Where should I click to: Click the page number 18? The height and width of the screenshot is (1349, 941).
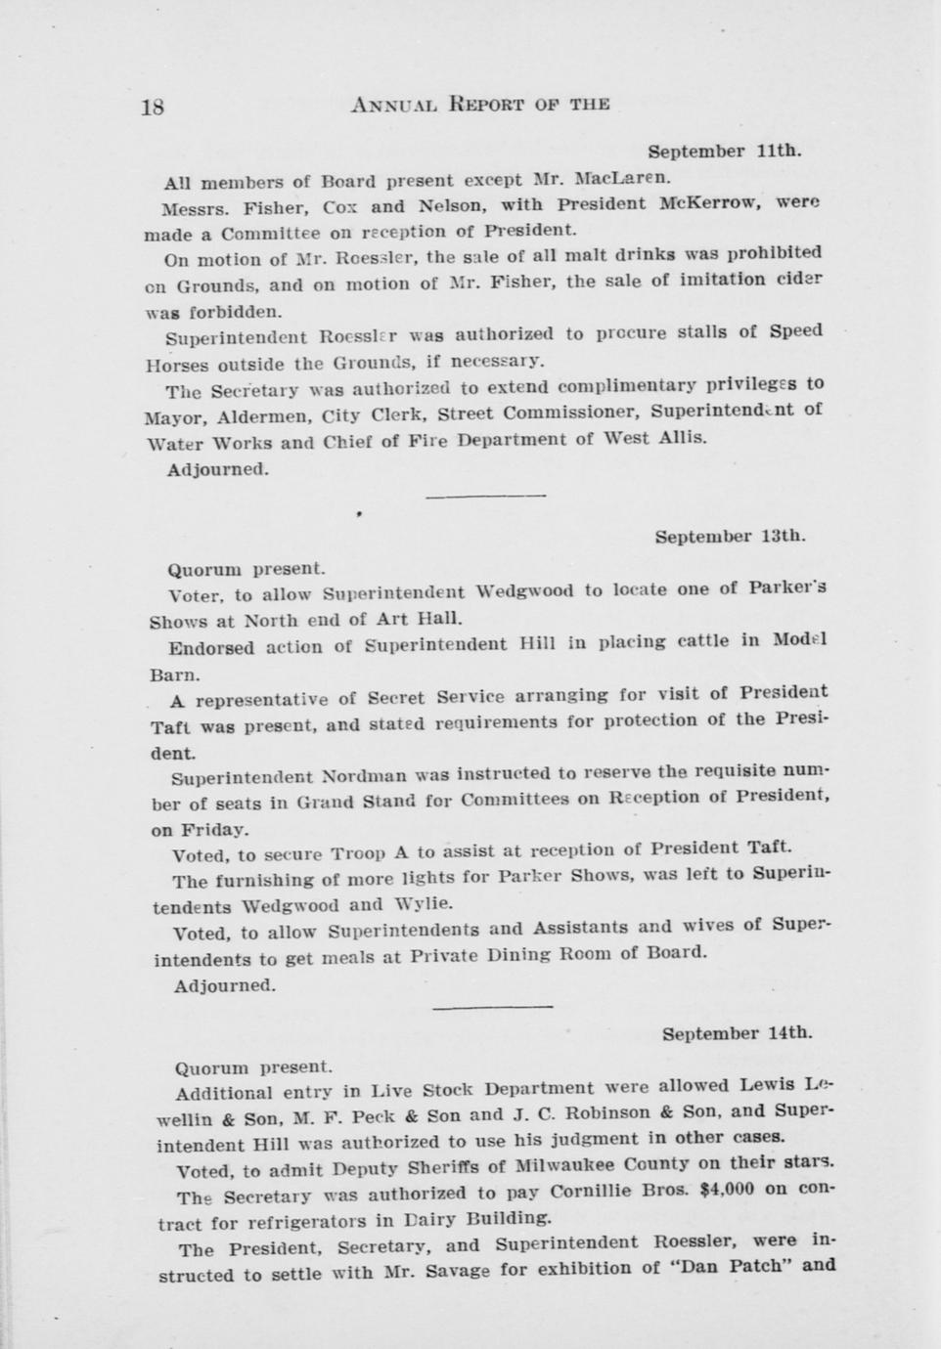[153, 107]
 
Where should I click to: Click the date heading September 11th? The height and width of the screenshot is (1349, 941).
[724, 152]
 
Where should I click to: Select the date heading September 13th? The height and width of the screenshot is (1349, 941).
[730, 536]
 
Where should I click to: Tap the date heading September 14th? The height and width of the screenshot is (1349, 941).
[737, 1032]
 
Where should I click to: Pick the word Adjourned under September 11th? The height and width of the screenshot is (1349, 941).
[217, 468]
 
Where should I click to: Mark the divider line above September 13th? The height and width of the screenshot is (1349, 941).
[485, 497]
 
